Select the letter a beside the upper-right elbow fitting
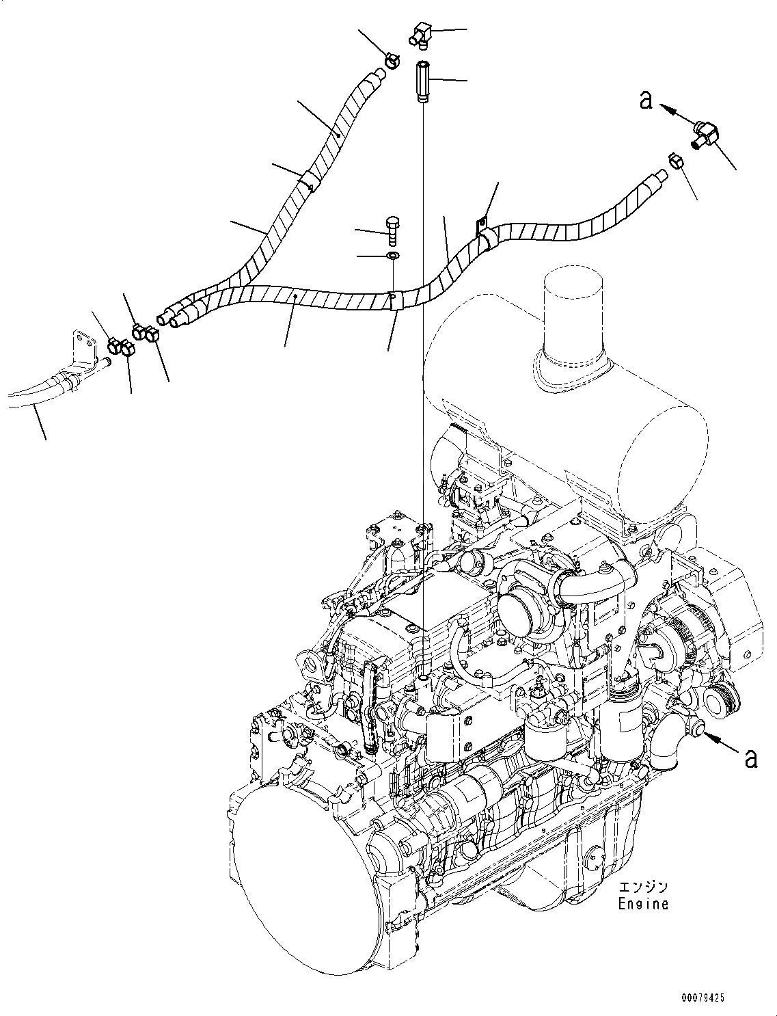pos(645,101)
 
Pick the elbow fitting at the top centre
pos(422,34)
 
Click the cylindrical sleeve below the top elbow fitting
pos(422,81)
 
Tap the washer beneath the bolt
pos(393,256)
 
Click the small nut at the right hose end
pos(673,161)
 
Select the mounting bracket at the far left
pos(83,351)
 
